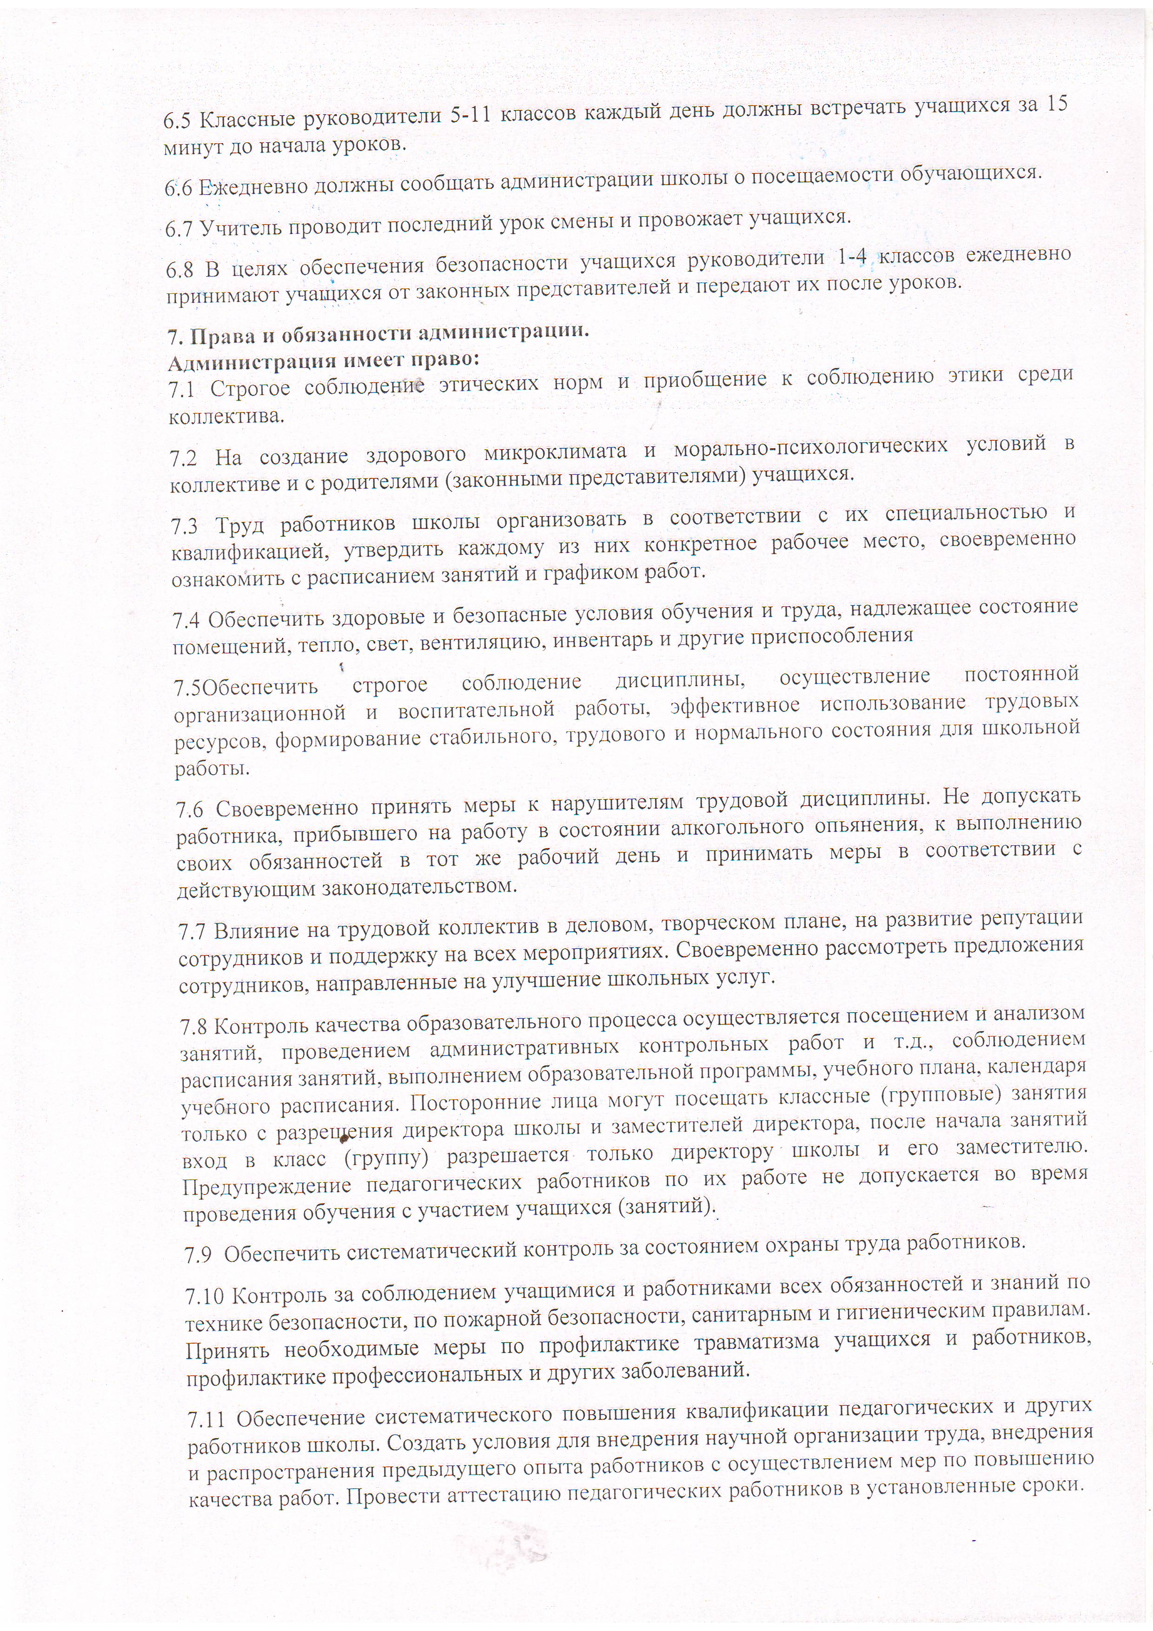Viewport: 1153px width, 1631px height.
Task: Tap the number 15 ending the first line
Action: point(1056,104)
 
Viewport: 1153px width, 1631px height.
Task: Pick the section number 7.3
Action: point(185,526)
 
